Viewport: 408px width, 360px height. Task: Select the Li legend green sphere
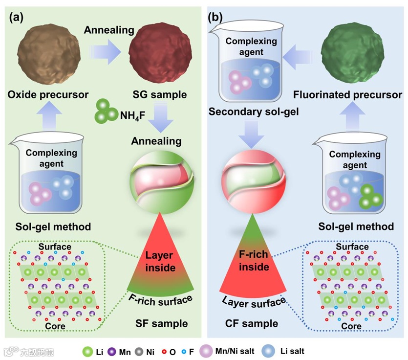(x=88, y=351)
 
